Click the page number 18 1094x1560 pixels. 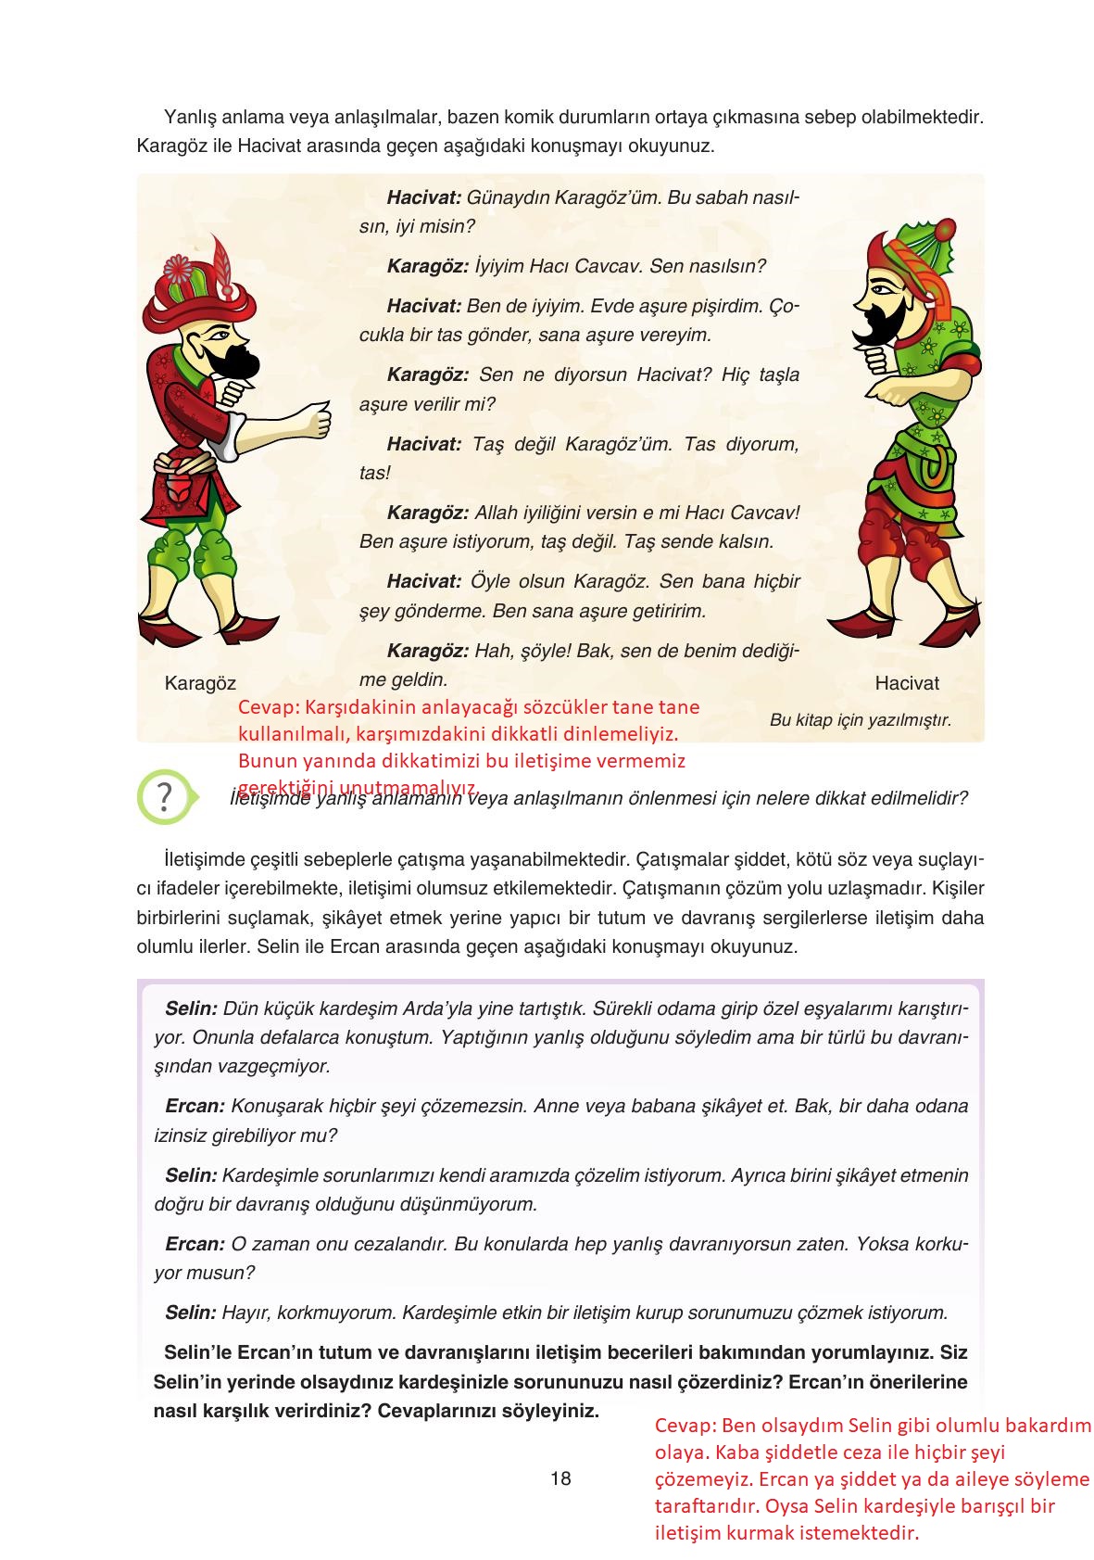click(x=560, y=1478)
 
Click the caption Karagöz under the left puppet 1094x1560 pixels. click(x=200, y=684)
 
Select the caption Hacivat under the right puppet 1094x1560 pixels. click(x=906, y=684)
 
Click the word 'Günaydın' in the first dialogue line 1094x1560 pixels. click(x=505, y=197)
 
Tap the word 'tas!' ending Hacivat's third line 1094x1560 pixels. click(x=375, y=474)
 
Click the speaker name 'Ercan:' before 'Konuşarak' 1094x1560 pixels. click(x=195, y=1106)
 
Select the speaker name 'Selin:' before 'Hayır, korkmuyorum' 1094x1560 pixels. click(x=191, y=1313)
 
